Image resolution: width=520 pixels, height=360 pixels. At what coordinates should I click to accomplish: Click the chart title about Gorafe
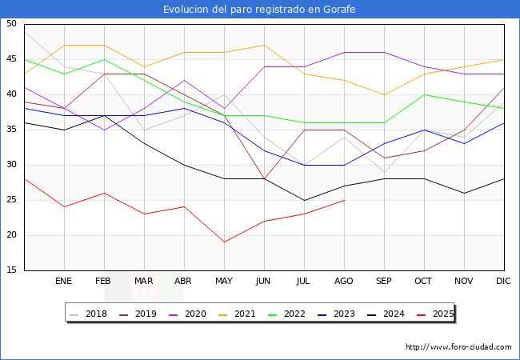259,10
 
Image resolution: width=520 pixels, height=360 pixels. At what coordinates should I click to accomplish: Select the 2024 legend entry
390,314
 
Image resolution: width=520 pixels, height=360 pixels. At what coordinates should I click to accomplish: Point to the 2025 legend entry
440,314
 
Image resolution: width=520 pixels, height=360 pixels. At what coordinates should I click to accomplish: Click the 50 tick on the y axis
11,24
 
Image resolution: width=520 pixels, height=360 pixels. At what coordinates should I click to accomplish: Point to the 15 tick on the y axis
11,270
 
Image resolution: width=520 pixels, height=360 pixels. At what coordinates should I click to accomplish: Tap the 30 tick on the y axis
11,165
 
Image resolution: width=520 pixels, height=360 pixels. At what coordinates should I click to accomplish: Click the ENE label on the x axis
63,282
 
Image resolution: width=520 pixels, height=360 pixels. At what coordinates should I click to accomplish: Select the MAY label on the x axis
224,282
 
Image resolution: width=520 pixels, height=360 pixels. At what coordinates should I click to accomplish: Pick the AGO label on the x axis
344,282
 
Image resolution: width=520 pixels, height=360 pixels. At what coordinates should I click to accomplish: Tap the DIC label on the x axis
503,282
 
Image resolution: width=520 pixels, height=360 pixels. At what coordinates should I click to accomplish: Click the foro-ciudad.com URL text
458,347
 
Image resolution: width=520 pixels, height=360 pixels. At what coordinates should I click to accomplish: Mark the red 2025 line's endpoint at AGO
344,200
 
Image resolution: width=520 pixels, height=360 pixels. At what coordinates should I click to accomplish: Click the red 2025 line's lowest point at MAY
224,242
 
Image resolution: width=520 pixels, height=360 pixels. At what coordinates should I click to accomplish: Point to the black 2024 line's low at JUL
304,200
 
